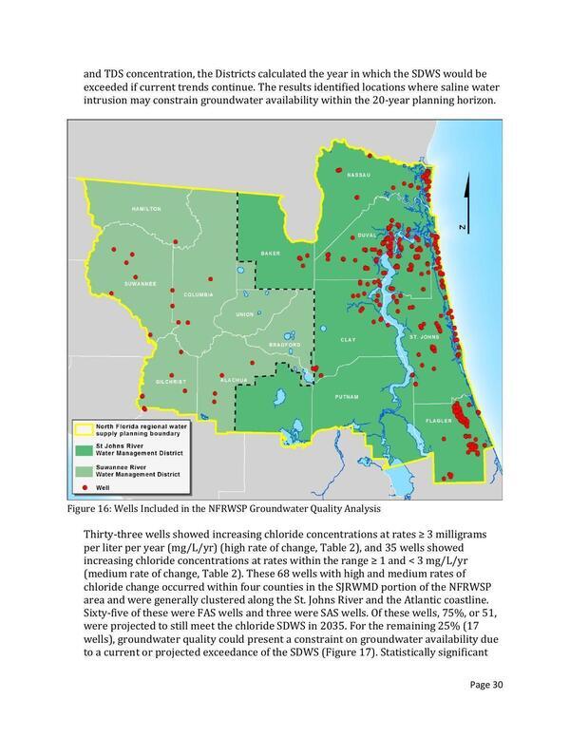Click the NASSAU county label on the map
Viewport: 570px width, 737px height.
(357, 176)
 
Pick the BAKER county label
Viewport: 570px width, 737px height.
(271, 254)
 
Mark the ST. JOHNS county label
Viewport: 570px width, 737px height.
(422, 337)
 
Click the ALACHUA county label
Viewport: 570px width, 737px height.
(233, 380)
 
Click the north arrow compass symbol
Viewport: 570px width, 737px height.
(464, 204)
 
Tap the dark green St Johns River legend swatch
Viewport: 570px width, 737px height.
(86, 448)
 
